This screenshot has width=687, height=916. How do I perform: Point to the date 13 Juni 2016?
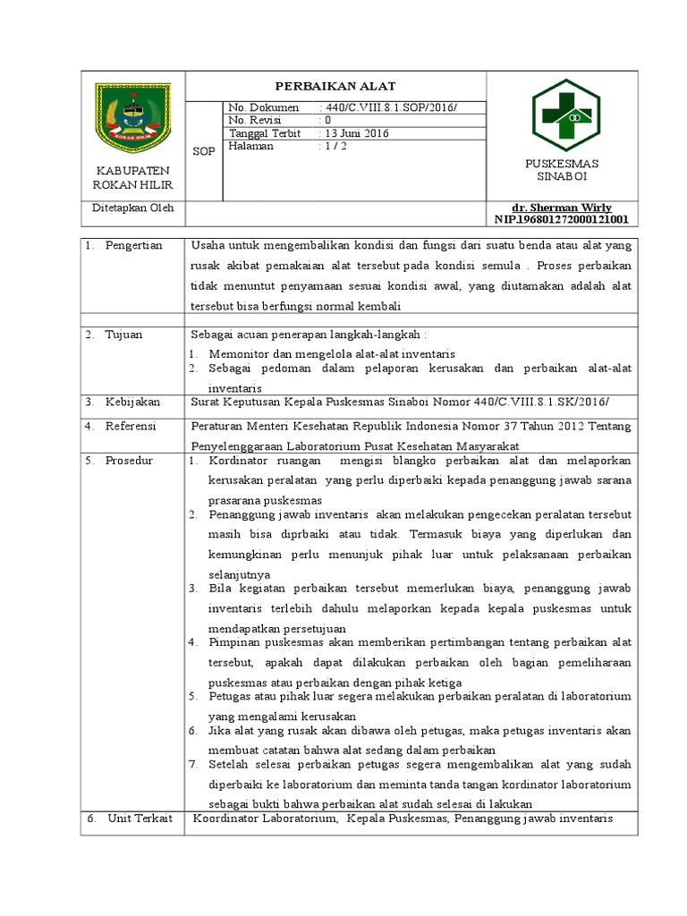tap(356, 132)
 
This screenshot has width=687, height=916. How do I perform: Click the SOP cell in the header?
tap(204, 151)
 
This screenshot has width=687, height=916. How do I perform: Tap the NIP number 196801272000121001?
tap(561, 219)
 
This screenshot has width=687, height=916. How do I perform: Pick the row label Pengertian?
tap(134, 245)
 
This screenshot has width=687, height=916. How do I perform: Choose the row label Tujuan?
tap(124, 334)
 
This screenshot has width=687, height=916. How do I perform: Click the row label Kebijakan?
tap(131, 402)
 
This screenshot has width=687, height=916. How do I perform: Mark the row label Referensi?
tap(131, 426)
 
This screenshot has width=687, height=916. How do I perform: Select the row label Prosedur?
tap(129, 460)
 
